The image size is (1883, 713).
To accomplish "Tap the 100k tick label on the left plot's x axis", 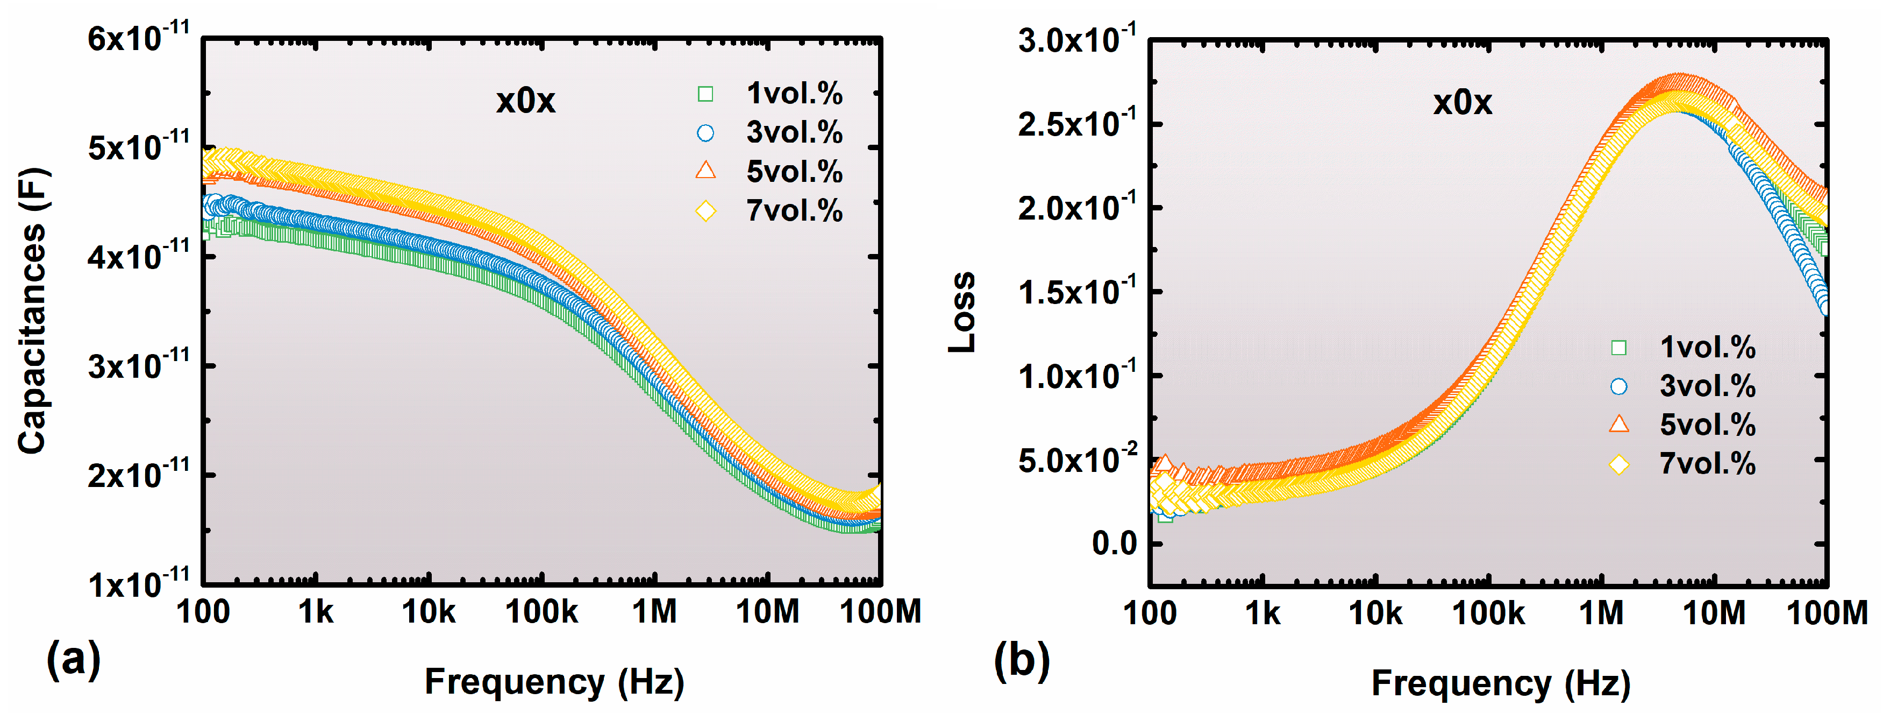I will click(x=541, y=611).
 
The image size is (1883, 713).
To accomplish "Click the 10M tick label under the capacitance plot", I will click(x=767, y=611).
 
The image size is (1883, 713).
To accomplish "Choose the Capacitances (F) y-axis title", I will click(x=33, y=311).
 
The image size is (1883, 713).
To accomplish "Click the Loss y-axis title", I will click(x=962, y=313).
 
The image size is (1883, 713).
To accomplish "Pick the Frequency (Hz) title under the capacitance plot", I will click(x=554, y=682).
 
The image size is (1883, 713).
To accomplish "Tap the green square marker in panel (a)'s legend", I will click(x=705, y=94).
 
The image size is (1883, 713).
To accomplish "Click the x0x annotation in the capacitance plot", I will click(x=525, y=101).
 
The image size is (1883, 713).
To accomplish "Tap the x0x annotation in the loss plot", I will click(x=1462, y=102).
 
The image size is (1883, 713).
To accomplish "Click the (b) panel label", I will click(x=1021, y=660).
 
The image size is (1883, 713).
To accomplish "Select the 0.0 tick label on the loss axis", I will click(x=1114, y=544).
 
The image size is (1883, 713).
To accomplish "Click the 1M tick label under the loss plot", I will click(x=1601, y=613).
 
